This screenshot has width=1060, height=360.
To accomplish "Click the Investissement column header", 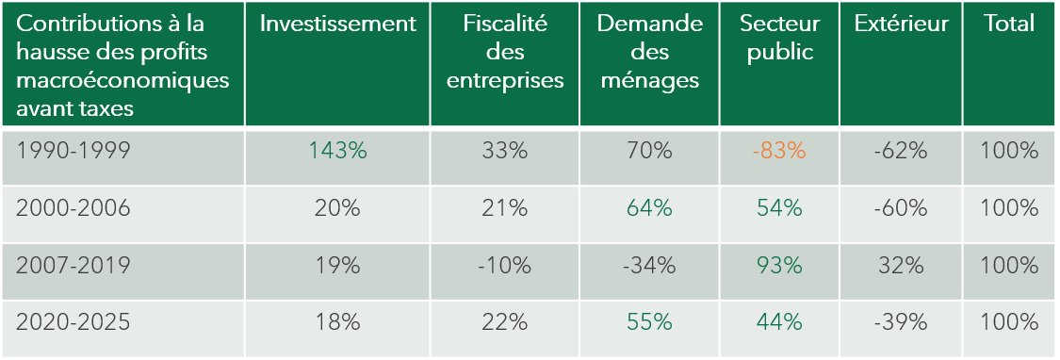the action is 337,24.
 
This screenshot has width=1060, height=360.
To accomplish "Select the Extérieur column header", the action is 901,24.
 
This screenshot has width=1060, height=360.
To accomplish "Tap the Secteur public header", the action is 779,38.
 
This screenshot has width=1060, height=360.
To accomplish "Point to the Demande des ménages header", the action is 649,52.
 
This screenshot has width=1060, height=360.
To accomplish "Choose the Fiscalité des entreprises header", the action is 505,52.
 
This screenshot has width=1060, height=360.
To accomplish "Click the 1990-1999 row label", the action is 72,150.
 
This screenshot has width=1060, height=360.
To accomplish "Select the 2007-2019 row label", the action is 73,265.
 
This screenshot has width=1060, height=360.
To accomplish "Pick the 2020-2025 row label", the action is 73,322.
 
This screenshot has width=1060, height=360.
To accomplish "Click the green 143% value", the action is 337,150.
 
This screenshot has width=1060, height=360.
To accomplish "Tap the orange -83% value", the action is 779,150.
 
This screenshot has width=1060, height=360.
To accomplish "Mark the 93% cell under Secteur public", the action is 779,265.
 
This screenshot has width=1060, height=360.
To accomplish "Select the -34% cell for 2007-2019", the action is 649,265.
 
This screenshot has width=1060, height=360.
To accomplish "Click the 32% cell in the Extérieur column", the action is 901,265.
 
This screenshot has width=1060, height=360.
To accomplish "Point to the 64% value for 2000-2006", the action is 649,208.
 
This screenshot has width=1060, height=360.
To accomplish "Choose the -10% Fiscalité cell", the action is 505,265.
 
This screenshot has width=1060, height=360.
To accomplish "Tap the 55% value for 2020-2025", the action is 649,322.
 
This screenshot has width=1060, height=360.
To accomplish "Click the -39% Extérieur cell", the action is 901,322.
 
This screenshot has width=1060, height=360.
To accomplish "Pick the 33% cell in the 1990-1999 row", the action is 505,150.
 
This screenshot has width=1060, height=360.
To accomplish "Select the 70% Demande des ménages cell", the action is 649,150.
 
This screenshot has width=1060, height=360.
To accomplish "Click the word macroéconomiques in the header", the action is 122,80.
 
